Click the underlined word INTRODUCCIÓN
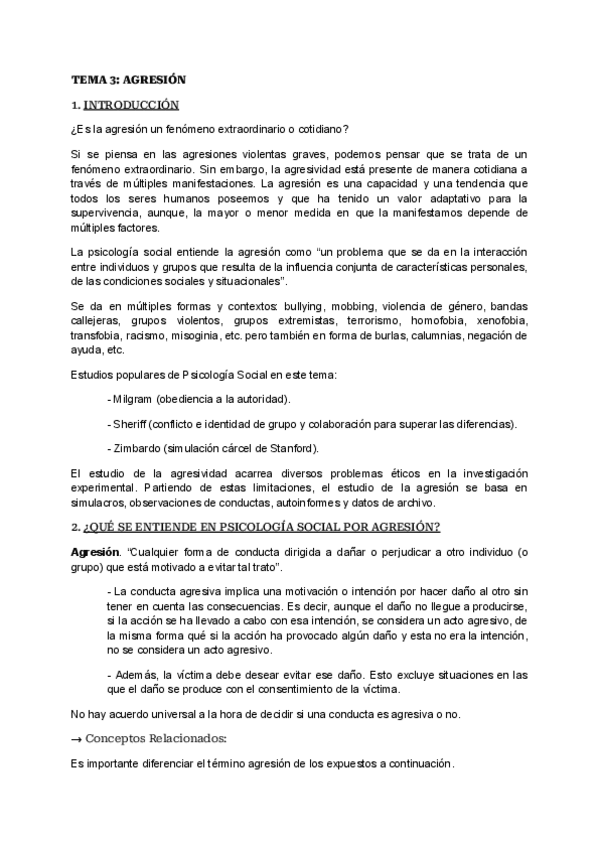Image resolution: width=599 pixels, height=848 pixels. [x=132, y=104]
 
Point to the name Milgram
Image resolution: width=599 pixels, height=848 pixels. [x=132, y=400]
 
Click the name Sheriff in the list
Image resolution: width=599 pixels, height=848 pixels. [x=130, y=425]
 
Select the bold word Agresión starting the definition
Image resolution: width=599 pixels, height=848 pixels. [x=95, y=553]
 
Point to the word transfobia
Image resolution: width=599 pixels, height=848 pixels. [x=96, y=337]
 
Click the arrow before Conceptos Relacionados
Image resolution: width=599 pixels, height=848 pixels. [x=76, y=740]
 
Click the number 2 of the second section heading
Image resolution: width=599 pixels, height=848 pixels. [x=74, y=527]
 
